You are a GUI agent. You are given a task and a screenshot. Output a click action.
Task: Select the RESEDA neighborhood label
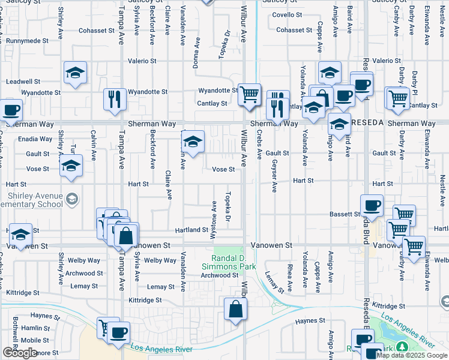(x=368, y=123)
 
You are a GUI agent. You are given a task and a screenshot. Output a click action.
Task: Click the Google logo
(x=19, y=353)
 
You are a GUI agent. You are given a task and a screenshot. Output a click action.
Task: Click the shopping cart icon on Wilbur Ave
(x=249, y=94)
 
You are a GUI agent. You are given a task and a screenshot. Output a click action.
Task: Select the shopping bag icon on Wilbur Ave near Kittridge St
(x=236, y=308)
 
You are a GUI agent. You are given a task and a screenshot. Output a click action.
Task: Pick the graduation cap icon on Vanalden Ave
(x=192, y=142)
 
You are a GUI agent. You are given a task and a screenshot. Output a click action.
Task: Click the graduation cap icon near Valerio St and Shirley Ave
(x=76, y=73)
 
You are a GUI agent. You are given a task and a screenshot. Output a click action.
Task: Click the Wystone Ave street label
(x=214, y=214)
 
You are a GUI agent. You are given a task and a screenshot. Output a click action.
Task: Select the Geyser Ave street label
(x=274, y=176)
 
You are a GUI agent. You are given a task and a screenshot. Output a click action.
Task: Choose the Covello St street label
(x=286, y=14)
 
